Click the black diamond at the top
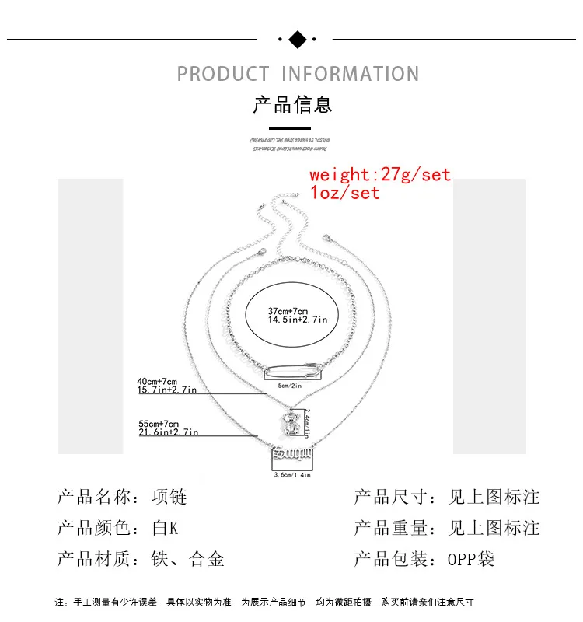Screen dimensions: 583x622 tap(297, 39)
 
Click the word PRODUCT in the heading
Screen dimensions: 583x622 tap(222, 75)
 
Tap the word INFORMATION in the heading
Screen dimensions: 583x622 tap(350, 75)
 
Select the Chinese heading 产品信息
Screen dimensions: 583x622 tap(292, 104)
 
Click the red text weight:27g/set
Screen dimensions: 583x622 tap(380, 174)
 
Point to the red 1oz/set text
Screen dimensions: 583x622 tap(344, 193)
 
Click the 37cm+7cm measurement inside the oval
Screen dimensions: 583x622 tap(287, 312)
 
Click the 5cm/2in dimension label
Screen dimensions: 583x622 tap(289, 385)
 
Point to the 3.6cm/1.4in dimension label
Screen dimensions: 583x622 tap(292, 473)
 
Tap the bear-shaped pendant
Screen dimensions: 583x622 tap(291, 425)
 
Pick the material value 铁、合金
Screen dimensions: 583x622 tap(188, 559)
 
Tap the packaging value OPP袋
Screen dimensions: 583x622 tap(471, 559)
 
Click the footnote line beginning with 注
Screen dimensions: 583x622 tap(264, 602)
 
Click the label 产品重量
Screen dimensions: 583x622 tap(391, 528)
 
